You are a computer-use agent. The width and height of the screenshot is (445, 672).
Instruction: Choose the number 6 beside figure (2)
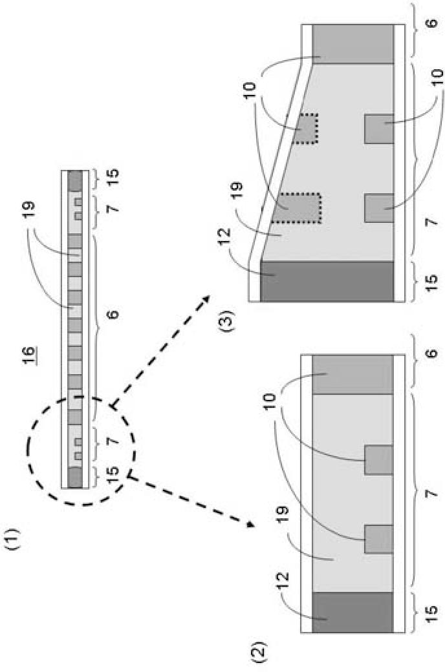tap(429, 354)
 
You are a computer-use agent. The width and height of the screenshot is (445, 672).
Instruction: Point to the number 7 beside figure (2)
tap(429, 492)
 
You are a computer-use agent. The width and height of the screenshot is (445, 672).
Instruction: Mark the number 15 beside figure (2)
tap(429, 612)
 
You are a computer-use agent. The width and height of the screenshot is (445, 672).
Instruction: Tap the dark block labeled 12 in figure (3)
tap(327, 281)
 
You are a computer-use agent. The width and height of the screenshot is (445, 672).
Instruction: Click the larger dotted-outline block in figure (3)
tap(296, 208)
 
